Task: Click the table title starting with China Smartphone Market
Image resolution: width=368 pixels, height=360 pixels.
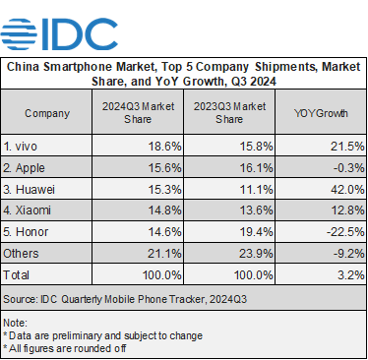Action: tap(183, 74)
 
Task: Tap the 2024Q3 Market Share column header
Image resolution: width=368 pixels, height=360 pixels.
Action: tap(138, 113)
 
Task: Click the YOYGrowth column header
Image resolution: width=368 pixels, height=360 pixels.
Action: tap(317, 113)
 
